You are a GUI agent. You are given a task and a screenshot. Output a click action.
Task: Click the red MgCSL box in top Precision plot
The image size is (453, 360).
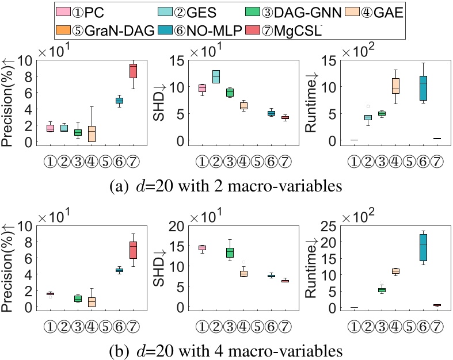[133, 70]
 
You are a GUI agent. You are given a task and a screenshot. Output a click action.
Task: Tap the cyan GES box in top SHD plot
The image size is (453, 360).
[216, 76]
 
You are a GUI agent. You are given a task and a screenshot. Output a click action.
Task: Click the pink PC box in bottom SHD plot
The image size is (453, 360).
[202, 248]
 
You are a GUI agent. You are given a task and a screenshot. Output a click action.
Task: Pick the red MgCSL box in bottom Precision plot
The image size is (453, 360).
[133, 250]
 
